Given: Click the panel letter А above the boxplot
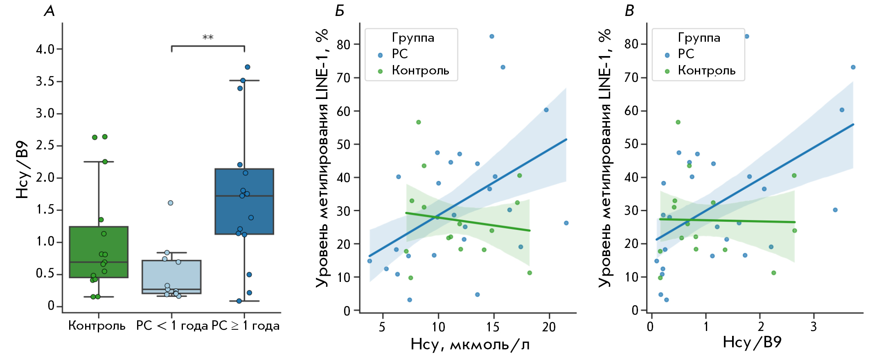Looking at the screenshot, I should point(49,11).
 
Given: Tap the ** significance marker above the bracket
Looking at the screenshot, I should point(208,38).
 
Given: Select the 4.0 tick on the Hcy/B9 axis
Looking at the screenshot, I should point(45,49).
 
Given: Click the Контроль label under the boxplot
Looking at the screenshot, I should point(97,326).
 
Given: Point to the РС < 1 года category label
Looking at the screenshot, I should point(172,326).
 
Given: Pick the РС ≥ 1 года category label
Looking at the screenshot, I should point(246,326).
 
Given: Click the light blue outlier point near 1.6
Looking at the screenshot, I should point(171,203).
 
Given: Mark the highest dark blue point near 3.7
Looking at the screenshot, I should point(248,67).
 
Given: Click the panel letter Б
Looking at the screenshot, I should point(339,11).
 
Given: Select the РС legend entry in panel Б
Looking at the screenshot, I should point(399,54).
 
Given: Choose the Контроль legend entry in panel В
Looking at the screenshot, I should point(706,70).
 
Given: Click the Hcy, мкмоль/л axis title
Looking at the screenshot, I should point(470,344).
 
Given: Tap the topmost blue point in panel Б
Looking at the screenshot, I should point(492,36).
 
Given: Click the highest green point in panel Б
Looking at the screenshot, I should point(419,122).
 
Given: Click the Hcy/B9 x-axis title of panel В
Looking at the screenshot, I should point(752,342).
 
